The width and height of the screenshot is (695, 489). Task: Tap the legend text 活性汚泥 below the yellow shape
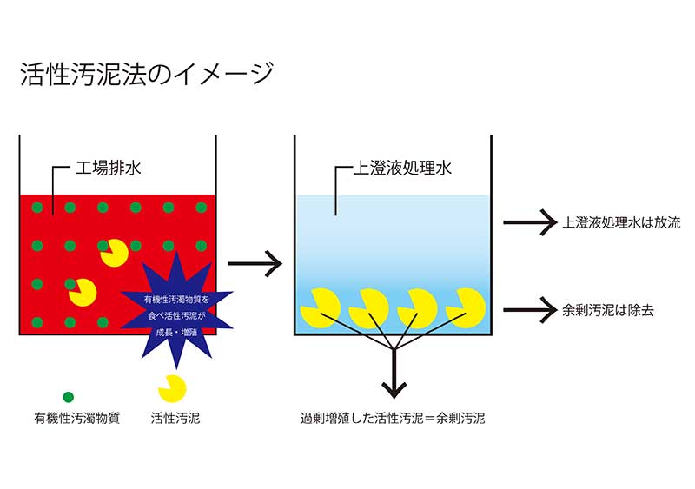pyautogui.click(x=174, y=418)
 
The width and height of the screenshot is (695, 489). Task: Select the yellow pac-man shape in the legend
pyautogui.click(x=171, y=388)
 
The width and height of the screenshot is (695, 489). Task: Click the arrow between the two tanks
pyautogui.click(x=255, y=261)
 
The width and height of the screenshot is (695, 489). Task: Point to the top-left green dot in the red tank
pyautogui.click(x=36, y=208)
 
